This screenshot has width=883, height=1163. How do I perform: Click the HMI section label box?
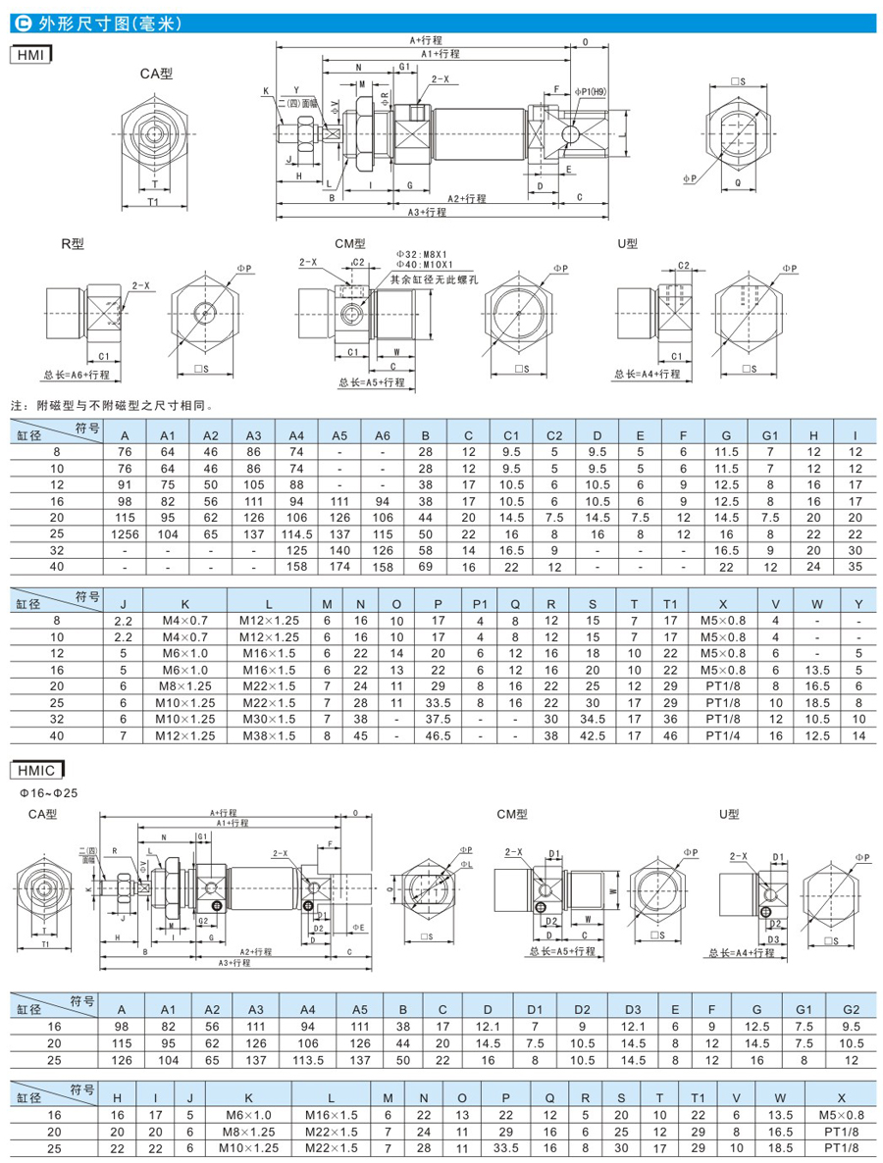tap(30, 57)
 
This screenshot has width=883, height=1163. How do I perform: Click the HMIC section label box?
tap(35, 770)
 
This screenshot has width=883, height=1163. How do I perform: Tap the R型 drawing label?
tap(70, 244)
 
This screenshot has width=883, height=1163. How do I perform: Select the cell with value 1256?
tap(124, 534)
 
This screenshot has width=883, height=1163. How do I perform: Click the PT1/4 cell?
tap(722, 734)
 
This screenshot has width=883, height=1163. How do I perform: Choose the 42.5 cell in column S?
tap(592, 734)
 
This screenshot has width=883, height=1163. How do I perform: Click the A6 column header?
tap(383, 435)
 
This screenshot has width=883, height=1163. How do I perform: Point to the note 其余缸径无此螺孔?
tap(431, 279)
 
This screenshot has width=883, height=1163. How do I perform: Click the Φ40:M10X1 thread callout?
tap(423, 265)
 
